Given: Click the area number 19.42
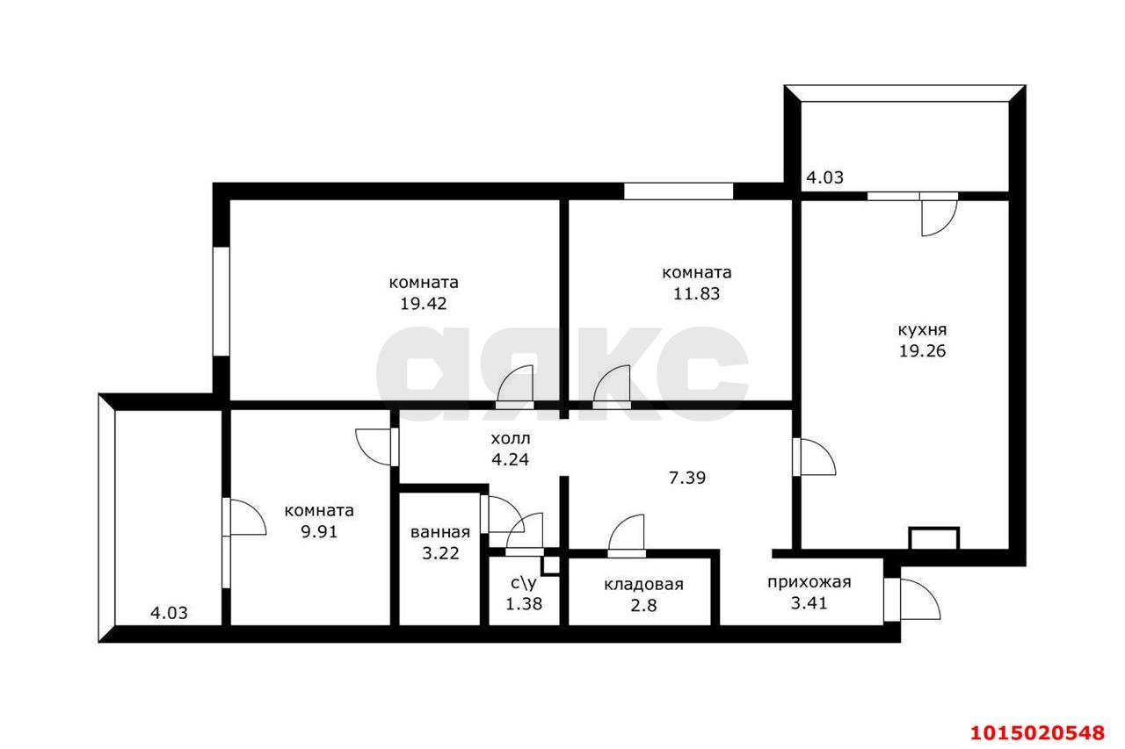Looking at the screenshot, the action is (x=424, y=304).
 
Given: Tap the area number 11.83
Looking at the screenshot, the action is (x=696, y=293).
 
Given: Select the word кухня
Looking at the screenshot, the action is (x=922, y=330).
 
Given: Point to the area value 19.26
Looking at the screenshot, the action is (x=922, y=350).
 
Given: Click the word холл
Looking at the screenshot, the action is (x=511, y=438).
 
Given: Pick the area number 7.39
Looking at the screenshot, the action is (x=687, y=478).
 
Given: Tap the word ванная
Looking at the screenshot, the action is (x=440, y=532).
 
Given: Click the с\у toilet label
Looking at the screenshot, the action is (x=523, y=583).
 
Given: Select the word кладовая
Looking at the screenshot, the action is (x=643, y=585).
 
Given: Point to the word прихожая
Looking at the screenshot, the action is (x=809, y=582).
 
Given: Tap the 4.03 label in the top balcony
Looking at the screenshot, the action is (x=824, y=177).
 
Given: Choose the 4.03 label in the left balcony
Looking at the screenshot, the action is (x=169, y=613).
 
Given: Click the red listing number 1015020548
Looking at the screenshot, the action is (x=1038, y=733).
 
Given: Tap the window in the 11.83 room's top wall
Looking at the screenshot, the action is (x=679, y=191).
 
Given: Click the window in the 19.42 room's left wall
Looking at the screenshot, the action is (x=221, y=301).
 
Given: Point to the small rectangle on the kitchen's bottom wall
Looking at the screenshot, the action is (x=934, y=539).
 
